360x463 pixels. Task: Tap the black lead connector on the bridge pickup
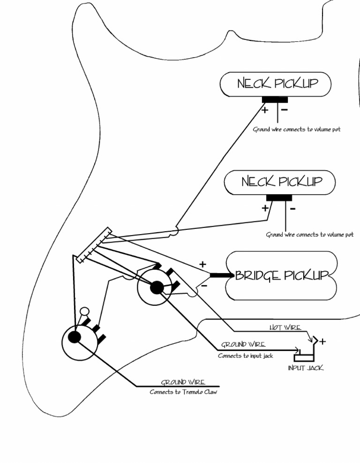[221, 275]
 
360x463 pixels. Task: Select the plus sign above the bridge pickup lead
[202, 265]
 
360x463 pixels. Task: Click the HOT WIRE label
[285, 327]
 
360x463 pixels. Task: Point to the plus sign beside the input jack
[322, 342]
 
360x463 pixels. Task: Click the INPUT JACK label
[306, 368]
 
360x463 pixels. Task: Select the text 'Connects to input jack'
[245, 356]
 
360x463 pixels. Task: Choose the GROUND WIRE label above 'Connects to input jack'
[243, 345]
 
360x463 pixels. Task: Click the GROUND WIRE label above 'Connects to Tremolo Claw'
[183, 382]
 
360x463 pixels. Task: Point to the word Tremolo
[188, 392]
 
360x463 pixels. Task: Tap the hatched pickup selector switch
[94, 245]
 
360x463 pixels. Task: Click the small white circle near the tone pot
[84, 311]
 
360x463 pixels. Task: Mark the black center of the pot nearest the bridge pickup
[157, 286]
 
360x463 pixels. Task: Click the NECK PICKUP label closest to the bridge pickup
[282, 182]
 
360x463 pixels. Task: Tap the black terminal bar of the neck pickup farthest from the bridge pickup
[275, 99]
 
